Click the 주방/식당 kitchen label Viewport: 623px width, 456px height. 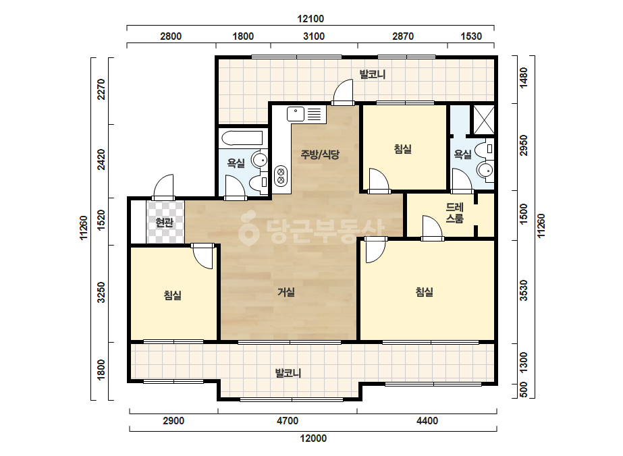[320, 154]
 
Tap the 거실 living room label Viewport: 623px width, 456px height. [286, 292]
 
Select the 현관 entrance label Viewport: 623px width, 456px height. [164, 223]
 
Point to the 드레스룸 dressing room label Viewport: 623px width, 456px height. [454, 213]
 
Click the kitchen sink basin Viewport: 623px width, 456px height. [296, 114]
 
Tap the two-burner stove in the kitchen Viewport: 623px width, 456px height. [281, 176]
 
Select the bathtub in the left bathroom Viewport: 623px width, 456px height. [242, 138]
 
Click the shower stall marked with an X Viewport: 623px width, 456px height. [483, 119]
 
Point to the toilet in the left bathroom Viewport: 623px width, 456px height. [259, 183]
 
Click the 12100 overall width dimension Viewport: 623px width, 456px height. [310, 19]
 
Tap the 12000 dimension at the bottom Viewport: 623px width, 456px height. [313, 438]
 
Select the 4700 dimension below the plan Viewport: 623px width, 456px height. [288, 421]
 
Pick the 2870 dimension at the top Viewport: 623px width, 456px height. [403, 36]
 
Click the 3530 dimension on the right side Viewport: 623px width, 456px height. [524, 290]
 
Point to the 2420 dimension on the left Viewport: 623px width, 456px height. [101, 159]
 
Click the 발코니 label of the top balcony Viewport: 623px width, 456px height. [373, 74]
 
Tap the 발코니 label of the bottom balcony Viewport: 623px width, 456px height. [288, 373]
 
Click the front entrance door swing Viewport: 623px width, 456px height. [163, 187]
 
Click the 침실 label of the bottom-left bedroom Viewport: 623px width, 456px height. [172, 295]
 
